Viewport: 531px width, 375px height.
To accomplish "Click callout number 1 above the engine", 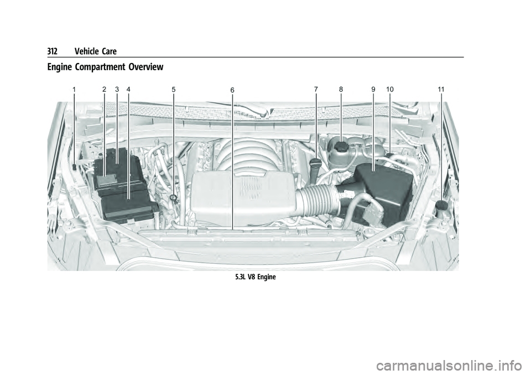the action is (73, 90).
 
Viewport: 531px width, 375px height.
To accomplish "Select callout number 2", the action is (105, 90).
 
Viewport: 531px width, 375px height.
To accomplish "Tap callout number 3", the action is (117, 90).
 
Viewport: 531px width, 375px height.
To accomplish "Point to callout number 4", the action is (128, 90).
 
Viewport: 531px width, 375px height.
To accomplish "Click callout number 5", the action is (173, 90).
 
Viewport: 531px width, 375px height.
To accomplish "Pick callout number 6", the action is (232, 90).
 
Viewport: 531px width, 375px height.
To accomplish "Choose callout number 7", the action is (316, 90).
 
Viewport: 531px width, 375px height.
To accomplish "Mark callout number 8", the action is (341, 90).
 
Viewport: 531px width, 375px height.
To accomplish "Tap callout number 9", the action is (373, 90).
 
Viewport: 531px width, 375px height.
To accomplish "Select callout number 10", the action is (389, 90).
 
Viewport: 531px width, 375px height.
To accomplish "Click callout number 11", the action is (441, 90).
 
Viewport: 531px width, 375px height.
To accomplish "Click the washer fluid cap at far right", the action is (441, 205).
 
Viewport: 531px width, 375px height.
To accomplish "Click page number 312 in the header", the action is (53, 51).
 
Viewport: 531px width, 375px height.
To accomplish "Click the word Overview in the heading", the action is (145, 67).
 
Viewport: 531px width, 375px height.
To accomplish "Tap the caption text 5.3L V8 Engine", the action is (256, 277).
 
